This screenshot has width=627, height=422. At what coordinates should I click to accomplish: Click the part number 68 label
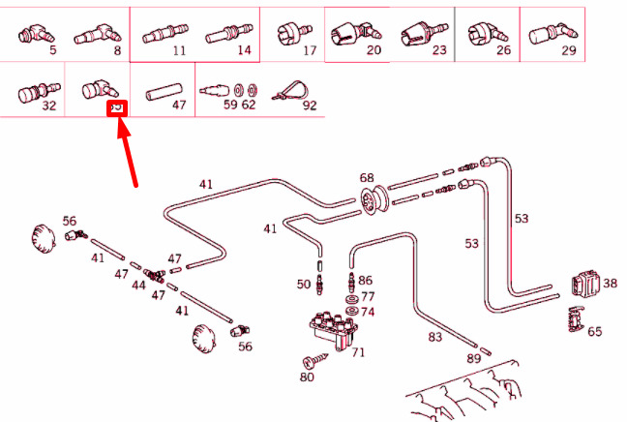coord(367,178)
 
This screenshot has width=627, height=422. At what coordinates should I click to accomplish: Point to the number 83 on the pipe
coord(434,338)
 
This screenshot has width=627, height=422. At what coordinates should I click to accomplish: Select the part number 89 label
coord(473,359)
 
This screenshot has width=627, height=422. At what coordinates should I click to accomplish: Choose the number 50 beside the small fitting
coord(304,285)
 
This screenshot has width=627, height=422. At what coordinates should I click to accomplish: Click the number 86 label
coord(365,280)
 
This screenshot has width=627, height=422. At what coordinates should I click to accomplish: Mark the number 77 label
coord(367,296)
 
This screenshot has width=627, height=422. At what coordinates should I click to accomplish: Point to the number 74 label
coord(368,313)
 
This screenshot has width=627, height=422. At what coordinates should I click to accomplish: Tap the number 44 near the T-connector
coord(139,286)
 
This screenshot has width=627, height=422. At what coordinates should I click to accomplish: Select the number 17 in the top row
coord(310,49)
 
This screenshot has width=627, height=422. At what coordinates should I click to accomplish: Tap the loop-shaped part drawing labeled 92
coord(288,89)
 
